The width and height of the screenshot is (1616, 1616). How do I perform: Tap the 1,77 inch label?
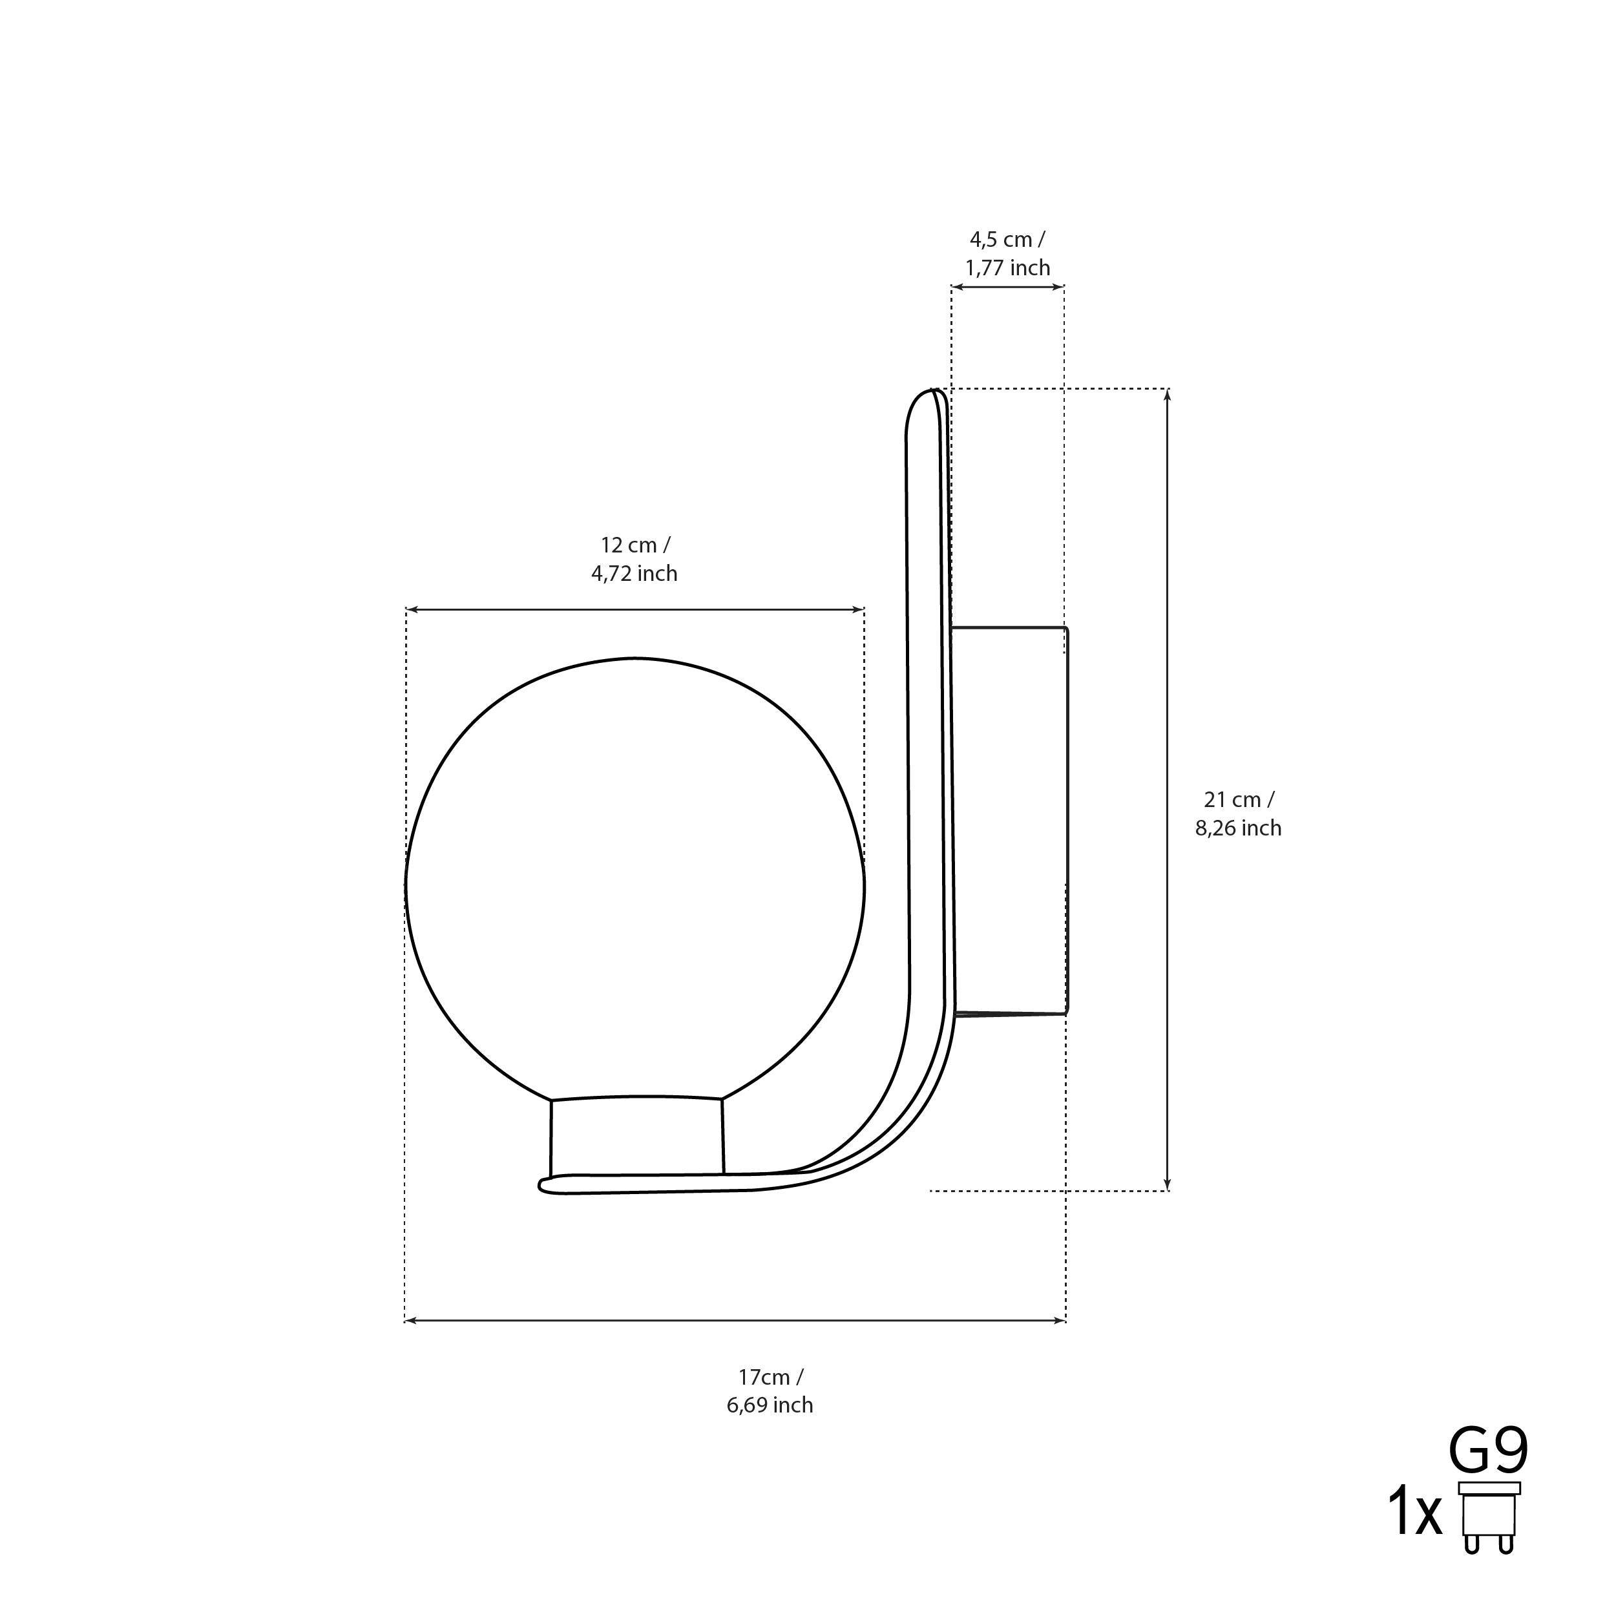1007,269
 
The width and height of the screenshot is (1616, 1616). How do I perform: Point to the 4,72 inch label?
634,574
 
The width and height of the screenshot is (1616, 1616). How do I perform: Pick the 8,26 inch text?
1238,828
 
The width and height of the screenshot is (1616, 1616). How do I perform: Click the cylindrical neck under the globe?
636,1138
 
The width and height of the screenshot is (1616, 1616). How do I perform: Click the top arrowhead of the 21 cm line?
1168,393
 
